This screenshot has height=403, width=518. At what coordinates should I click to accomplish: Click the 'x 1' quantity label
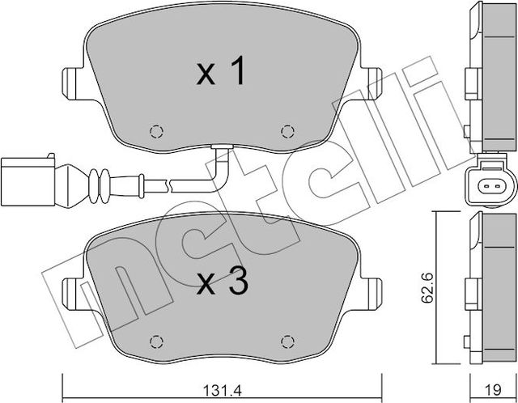point(220,74)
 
